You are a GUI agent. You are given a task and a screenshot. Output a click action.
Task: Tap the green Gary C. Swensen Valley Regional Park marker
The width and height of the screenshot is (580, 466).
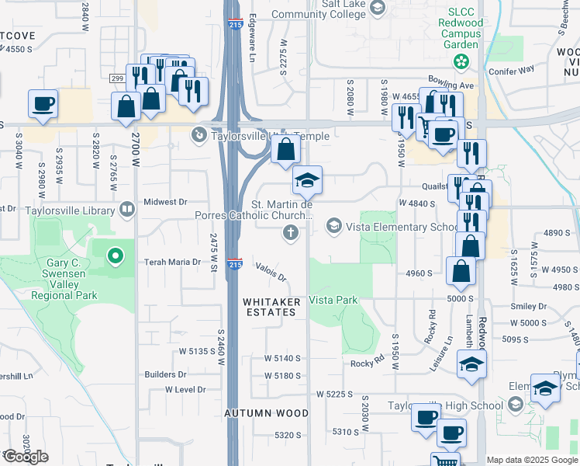click(x=116, y=255)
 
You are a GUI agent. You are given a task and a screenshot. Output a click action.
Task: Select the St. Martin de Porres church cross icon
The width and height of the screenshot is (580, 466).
click(x=291, y=231)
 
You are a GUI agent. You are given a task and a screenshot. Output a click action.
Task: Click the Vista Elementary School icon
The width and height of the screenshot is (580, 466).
click(x=334, y=226)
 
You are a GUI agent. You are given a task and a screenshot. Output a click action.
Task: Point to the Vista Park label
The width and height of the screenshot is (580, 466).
click(x=333, y=300)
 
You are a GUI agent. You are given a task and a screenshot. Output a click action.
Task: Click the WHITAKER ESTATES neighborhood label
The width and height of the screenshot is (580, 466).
click(x=270, y=306)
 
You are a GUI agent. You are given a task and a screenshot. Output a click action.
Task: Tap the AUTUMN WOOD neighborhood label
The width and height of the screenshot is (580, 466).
click(x=267, y=413)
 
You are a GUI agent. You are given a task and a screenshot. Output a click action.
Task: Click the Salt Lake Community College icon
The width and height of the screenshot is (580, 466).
click(x=378, y=9)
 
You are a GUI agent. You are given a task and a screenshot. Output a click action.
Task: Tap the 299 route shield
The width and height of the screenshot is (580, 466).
click(x=117, y=78)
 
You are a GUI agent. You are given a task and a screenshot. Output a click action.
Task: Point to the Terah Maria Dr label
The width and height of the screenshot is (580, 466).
click(x=173, y=263)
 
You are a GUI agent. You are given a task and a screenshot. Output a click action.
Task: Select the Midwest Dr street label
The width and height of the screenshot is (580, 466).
click(x=171, y=202)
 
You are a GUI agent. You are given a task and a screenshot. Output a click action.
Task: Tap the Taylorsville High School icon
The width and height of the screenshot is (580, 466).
click(x=516, y=405)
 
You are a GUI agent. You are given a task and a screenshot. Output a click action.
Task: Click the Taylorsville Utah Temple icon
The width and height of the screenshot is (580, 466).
click(x=199, y=135)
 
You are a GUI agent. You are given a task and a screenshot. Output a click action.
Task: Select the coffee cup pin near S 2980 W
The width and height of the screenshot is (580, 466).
click(x=43, y=105)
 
